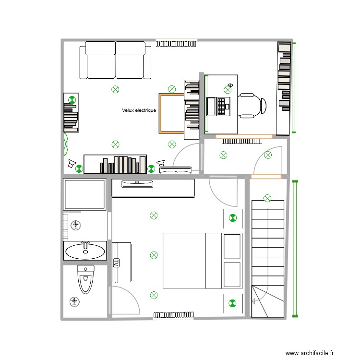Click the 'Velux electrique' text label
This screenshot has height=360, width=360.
pyautogui.click(x=139, y=110)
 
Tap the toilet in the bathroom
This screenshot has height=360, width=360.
pyautogui.click(x=86, y=279)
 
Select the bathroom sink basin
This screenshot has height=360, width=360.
pyautogui.click(x=85, y=250)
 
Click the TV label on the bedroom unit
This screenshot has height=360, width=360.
pyautogui.click(x=116, y=263)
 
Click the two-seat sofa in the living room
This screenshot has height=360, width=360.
pyautogui.click(x=115, y=60)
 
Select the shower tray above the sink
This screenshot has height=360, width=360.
pyautogui.click(x=84, y=194)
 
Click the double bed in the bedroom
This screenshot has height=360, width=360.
pyautogui.click(x=202, y=261)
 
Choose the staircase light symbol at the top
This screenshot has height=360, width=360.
pyautogui.click(x=267, y=198)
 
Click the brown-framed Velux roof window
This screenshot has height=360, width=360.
pyautogui.click(x=171, y=113)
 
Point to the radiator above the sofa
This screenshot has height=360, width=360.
pyautogui.click(x=176, y=43)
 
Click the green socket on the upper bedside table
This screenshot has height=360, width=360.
pyautogui.click(x=233, y=218)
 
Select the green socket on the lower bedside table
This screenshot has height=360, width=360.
pyautogui.click(x=233, y=303)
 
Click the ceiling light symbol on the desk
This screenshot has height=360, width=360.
pyautogui.click(x=228, y=90)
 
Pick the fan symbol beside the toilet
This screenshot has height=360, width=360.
pyautogui.click(x=75, y=301)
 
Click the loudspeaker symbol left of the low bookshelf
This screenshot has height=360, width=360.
pyautogui.click(x=72, y=164)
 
